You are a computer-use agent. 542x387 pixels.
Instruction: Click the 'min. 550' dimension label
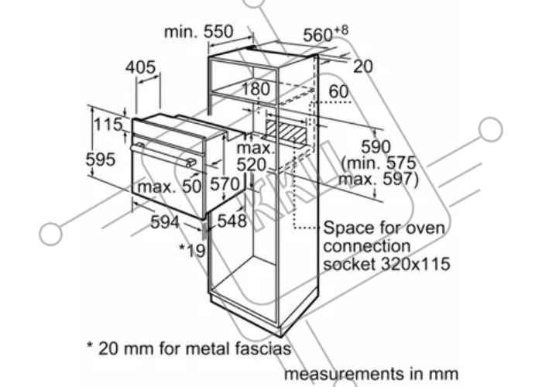[x=199, y=32]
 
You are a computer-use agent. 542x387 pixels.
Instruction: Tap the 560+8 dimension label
[x=325, y=34]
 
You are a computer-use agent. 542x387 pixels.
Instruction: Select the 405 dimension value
[x=140, y=67]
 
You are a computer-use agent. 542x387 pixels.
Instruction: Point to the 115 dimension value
[x=108, y=125]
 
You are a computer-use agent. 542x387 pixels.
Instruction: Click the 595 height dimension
[x=100, y=159]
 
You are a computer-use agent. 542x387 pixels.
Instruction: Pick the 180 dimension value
[x=256, y=89]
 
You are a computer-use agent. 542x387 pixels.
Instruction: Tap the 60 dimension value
[x=338, y=91]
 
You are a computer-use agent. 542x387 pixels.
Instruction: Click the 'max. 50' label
[x=170, y=187]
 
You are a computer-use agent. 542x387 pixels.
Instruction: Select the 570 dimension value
[x=225, y=184]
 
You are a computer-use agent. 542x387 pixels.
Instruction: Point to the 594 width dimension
[x=165, y=222]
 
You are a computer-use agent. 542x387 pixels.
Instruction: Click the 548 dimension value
[x=232, y=221]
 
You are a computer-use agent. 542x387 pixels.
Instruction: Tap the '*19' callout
[x=192, y=250]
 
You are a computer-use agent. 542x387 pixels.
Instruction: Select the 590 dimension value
[x=376, y=147]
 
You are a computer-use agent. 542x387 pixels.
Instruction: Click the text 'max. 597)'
[x=379, y=180]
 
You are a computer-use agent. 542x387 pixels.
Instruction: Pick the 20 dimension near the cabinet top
[x=363, y=67]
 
